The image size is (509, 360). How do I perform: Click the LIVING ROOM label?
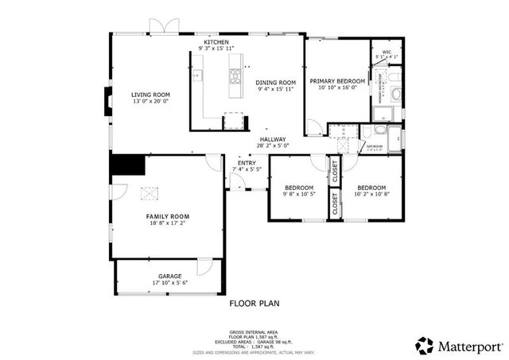[x=150, y=95]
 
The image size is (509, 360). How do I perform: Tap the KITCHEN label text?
[x=216, y=42]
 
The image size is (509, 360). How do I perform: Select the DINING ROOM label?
[x=276, y=82]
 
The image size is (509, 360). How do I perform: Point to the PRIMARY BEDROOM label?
[x=337, y=81]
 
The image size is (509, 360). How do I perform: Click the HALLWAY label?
[x=272, y=139]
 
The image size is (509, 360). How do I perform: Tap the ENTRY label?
[x=247, y=163]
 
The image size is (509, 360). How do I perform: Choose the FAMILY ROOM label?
[x=168, y=216]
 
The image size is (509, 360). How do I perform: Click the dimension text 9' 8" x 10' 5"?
[x=299, y=193]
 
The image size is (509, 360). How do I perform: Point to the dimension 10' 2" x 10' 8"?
[x=371, y=193]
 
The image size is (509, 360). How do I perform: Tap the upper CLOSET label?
[x=334, y=168]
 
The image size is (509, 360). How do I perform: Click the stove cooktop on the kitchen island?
[x=236, y=77]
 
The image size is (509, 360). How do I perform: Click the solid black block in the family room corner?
[x=127, y=165]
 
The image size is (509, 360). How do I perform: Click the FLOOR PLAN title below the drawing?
[x=254, y=303]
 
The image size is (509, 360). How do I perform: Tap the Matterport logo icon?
[x=425, y=345]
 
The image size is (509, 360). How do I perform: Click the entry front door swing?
[x=236, y=182]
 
